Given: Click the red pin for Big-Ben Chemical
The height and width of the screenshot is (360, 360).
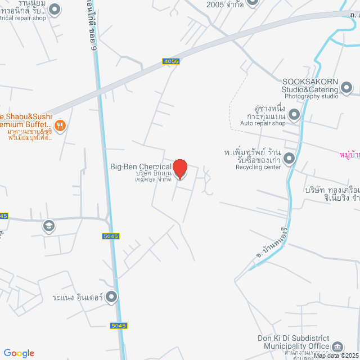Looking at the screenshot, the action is (x=179, y=169).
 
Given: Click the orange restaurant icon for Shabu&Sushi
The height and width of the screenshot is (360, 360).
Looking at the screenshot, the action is (x=61, y=125).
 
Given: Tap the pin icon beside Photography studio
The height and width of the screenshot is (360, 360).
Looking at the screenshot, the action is (x=346, y=87).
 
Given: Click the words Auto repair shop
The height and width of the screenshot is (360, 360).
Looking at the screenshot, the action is (x=263, y=123).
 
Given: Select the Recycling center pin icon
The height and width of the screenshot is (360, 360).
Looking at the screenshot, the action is (x=289, y=159).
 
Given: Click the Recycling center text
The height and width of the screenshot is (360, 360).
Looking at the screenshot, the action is (x=257, y=167).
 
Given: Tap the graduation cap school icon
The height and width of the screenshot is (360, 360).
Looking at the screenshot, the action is (x=48, y=226).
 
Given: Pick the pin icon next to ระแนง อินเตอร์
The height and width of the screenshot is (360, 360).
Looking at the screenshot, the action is (x=112, y=296).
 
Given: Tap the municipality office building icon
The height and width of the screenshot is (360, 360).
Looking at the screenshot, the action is (x=337, y=346).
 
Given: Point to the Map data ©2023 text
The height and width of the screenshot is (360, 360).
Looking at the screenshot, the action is (x=336, y=355).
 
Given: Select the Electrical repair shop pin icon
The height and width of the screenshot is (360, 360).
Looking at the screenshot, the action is (x=55, y=9).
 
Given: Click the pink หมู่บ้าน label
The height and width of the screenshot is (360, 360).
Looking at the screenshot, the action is (x=350, y=154).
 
